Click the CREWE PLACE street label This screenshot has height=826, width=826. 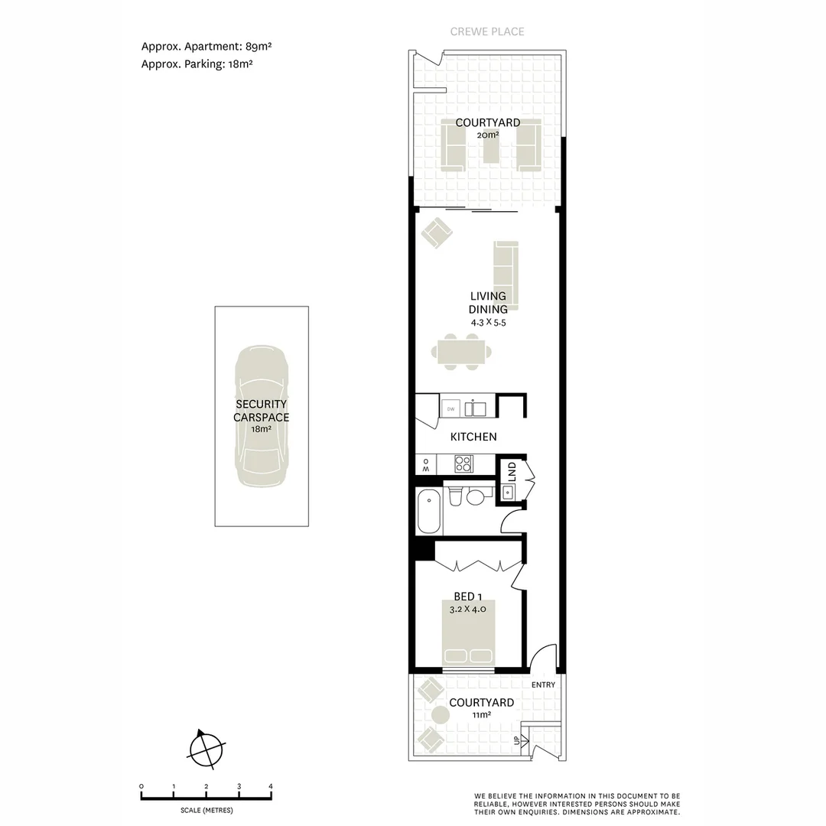point(487,31)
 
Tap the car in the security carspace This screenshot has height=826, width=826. point(262,417)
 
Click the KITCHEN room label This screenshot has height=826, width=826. point(473,437)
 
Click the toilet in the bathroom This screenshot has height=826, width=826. point(456,497)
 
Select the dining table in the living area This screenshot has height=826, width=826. point(461,353)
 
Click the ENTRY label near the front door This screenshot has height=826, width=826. point(543,685)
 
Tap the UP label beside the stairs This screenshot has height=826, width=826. point(516,740)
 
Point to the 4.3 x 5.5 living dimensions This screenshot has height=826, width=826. point(488,323)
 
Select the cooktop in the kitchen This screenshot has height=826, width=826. point(463,463)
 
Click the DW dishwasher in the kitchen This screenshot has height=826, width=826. point(450,408)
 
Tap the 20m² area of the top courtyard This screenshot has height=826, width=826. point(487,135)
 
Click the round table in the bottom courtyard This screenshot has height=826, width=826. point(441,715)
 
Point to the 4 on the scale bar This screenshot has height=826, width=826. point(271,786)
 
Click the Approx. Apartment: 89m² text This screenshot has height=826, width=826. point(206,46)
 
